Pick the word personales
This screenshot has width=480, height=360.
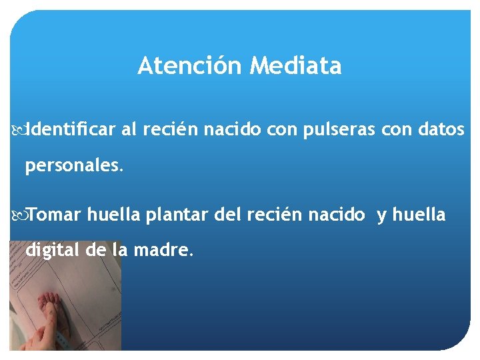point(74,166)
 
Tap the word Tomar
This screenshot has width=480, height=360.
point(55,215)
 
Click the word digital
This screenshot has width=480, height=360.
point(53,251)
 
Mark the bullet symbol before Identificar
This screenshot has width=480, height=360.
point(18,130)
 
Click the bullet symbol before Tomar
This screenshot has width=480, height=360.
point(18,215)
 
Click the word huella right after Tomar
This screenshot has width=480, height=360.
point(113,215)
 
